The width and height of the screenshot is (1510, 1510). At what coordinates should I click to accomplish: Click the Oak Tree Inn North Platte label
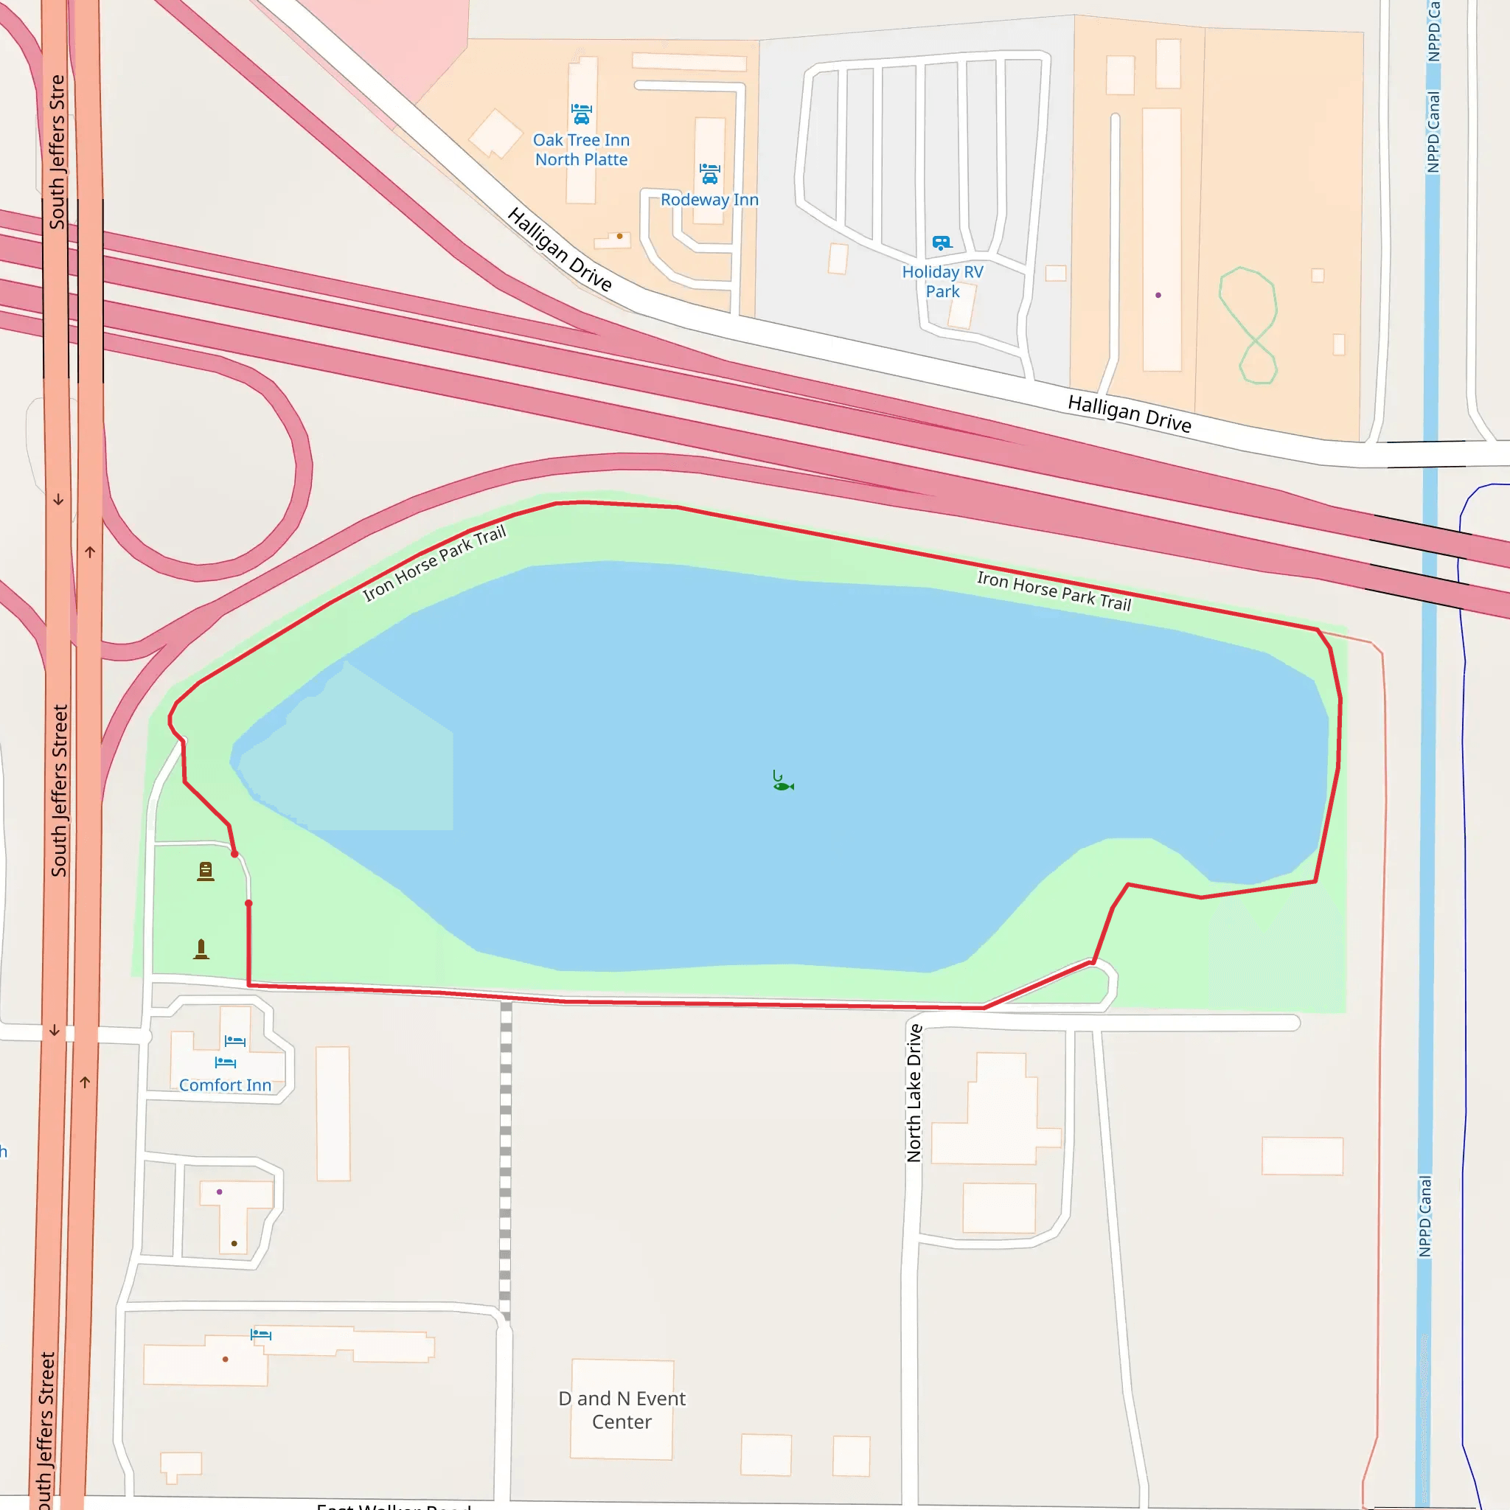581,149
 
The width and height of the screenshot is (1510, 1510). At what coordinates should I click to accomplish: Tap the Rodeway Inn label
709,199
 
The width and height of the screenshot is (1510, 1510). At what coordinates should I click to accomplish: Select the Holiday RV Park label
942,282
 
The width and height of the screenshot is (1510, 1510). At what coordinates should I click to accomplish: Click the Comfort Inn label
225,1085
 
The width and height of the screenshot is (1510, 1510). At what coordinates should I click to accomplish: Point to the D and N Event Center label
622,1410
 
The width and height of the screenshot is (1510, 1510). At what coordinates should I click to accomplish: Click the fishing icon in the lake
782,781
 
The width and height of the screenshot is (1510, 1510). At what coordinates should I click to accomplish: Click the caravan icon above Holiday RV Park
942,243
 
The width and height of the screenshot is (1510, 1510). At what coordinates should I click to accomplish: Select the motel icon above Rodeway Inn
709,173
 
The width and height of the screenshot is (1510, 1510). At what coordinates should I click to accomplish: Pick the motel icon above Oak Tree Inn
581,114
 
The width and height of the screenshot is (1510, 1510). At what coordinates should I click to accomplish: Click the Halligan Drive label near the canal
1130,414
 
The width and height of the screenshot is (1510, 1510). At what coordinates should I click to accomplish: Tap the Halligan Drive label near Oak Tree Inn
559,248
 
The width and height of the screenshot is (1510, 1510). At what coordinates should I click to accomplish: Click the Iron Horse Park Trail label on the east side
1054,591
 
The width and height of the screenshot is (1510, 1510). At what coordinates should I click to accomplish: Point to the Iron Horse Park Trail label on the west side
434,563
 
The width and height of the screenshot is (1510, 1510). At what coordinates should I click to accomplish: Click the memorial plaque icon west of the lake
206,871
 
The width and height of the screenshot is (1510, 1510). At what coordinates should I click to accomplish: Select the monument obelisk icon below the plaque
201,949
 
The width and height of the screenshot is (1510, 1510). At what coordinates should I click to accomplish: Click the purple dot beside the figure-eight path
1158,296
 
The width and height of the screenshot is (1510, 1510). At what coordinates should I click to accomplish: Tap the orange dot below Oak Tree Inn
620,236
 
